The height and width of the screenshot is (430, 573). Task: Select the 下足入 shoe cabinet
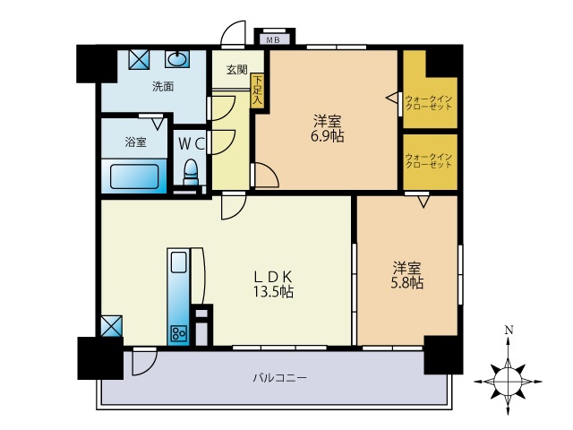pos(258,90)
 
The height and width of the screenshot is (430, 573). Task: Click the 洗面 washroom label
pos(162,87)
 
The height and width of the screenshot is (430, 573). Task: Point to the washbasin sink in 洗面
pos(177,59)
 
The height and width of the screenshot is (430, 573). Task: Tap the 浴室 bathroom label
pos(135,142)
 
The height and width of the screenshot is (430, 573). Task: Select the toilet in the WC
pos(190,170)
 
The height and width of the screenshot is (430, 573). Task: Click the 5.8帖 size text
pos(407,283)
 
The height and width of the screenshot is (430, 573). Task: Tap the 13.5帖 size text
pos(273,292)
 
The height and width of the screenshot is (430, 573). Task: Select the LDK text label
pos(272,276)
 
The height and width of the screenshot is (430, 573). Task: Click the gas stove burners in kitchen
pos(177,333)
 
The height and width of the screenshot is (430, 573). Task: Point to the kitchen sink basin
pos(178,263)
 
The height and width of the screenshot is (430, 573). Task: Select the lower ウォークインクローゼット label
pos(430,160)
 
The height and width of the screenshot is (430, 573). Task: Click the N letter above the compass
pos(509,331)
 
